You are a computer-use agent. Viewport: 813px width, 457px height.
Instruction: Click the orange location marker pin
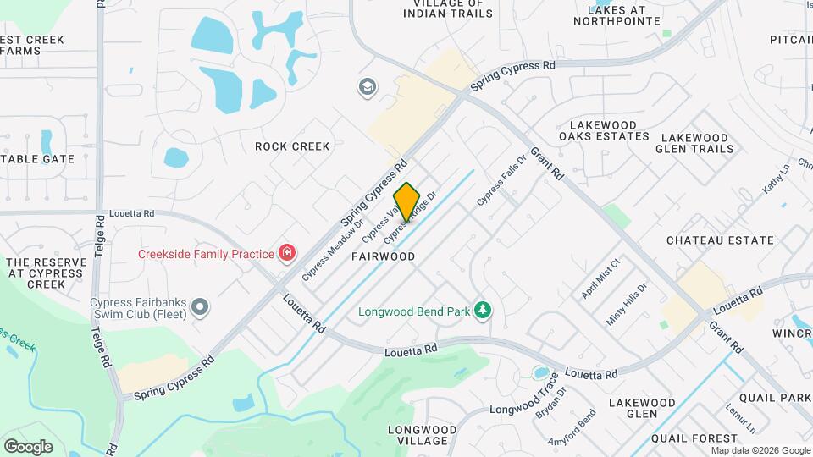pyautogui.click(x=407, y=202)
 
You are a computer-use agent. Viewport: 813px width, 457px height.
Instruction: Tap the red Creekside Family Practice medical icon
pyautogui.click(x=287, y=253)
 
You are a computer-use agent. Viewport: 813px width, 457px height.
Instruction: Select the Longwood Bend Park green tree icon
pyautogui.click(x=483, y=311)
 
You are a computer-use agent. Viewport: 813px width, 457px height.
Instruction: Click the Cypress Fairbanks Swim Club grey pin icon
pyautogui.click(x=200, y=306)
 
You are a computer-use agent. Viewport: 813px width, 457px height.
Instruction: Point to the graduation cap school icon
pyautogui.click(x=367, y=86)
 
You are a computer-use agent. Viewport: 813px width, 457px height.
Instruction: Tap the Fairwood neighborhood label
pyautogui.click(x=383, y=256)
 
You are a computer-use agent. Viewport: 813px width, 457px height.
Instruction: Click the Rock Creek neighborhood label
pyautogui.click(x=292, y=146)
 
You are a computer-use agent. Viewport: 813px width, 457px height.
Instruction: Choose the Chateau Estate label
pyautogui.click(x=720, y=240)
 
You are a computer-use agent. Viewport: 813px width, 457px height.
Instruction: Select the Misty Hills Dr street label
pyautogui.click(x=627, y=303)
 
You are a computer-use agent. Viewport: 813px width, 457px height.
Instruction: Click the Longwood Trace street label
pyautogui.click(x=525, y=405)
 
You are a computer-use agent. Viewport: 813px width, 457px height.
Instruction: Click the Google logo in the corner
pyautogui.click(x=28, y=446)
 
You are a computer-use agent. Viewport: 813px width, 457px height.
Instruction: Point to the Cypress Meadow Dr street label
pyautogui.click(x=323, y=251)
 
